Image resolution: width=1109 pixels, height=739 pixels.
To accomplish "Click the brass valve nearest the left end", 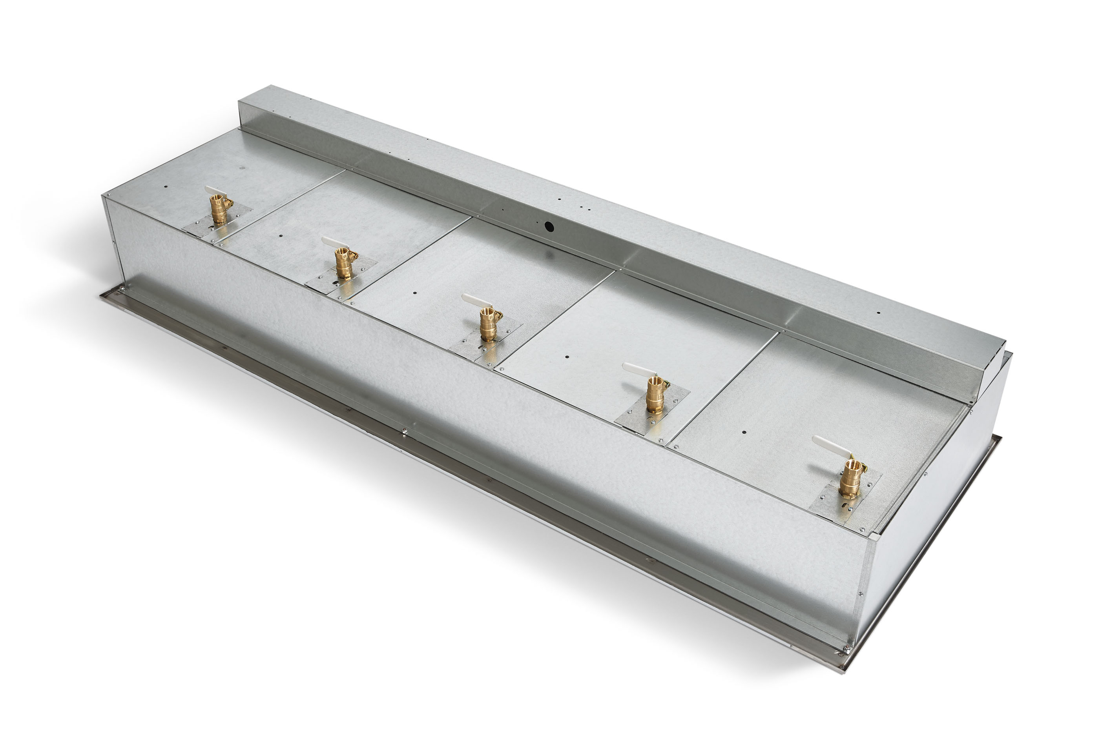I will coord(219,210).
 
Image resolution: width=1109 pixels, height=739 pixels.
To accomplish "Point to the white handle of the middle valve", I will coord(472,300).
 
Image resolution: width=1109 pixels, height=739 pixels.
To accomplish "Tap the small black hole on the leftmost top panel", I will coord(166,187).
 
